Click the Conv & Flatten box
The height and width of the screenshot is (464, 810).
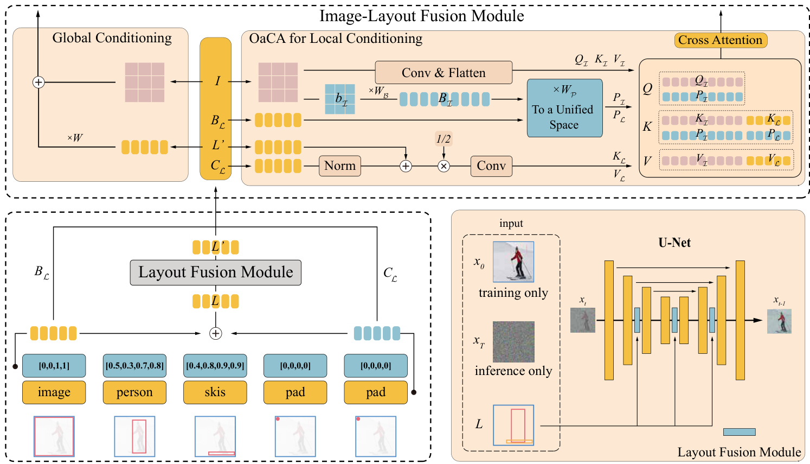coord(443,73)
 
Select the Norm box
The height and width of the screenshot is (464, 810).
coord(340,166)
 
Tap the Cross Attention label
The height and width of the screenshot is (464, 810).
coord(720,40)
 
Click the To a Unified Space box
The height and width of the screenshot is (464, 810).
coord(564,108)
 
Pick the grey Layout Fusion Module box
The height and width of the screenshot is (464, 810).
coord(215,272)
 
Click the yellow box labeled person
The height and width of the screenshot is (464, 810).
coord(134,392)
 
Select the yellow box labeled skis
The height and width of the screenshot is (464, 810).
coord(215,392)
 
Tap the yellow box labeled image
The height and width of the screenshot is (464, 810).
coord(54,392)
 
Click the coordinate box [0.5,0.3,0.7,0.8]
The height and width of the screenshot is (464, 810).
coord(134,366)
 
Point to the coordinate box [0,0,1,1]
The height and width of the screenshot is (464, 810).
coord(54,366)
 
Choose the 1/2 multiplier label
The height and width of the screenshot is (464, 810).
coord(443,139)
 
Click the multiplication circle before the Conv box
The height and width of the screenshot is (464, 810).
coord(443,166)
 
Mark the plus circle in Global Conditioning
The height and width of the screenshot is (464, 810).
coord(38,82)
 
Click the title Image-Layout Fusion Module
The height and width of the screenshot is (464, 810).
coord(421,16)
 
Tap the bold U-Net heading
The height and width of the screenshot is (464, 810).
coord(674,243)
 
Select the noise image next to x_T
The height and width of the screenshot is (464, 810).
coord(513,342)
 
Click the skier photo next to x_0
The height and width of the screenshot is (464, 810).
coord(513,262)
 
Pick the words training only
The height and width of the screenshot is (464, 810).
coord(513,293)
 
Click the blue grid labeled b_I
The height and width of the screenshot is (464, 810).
coord(340,99)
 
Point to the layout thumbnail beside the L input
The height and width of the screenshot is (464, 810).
coord(513,425)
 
